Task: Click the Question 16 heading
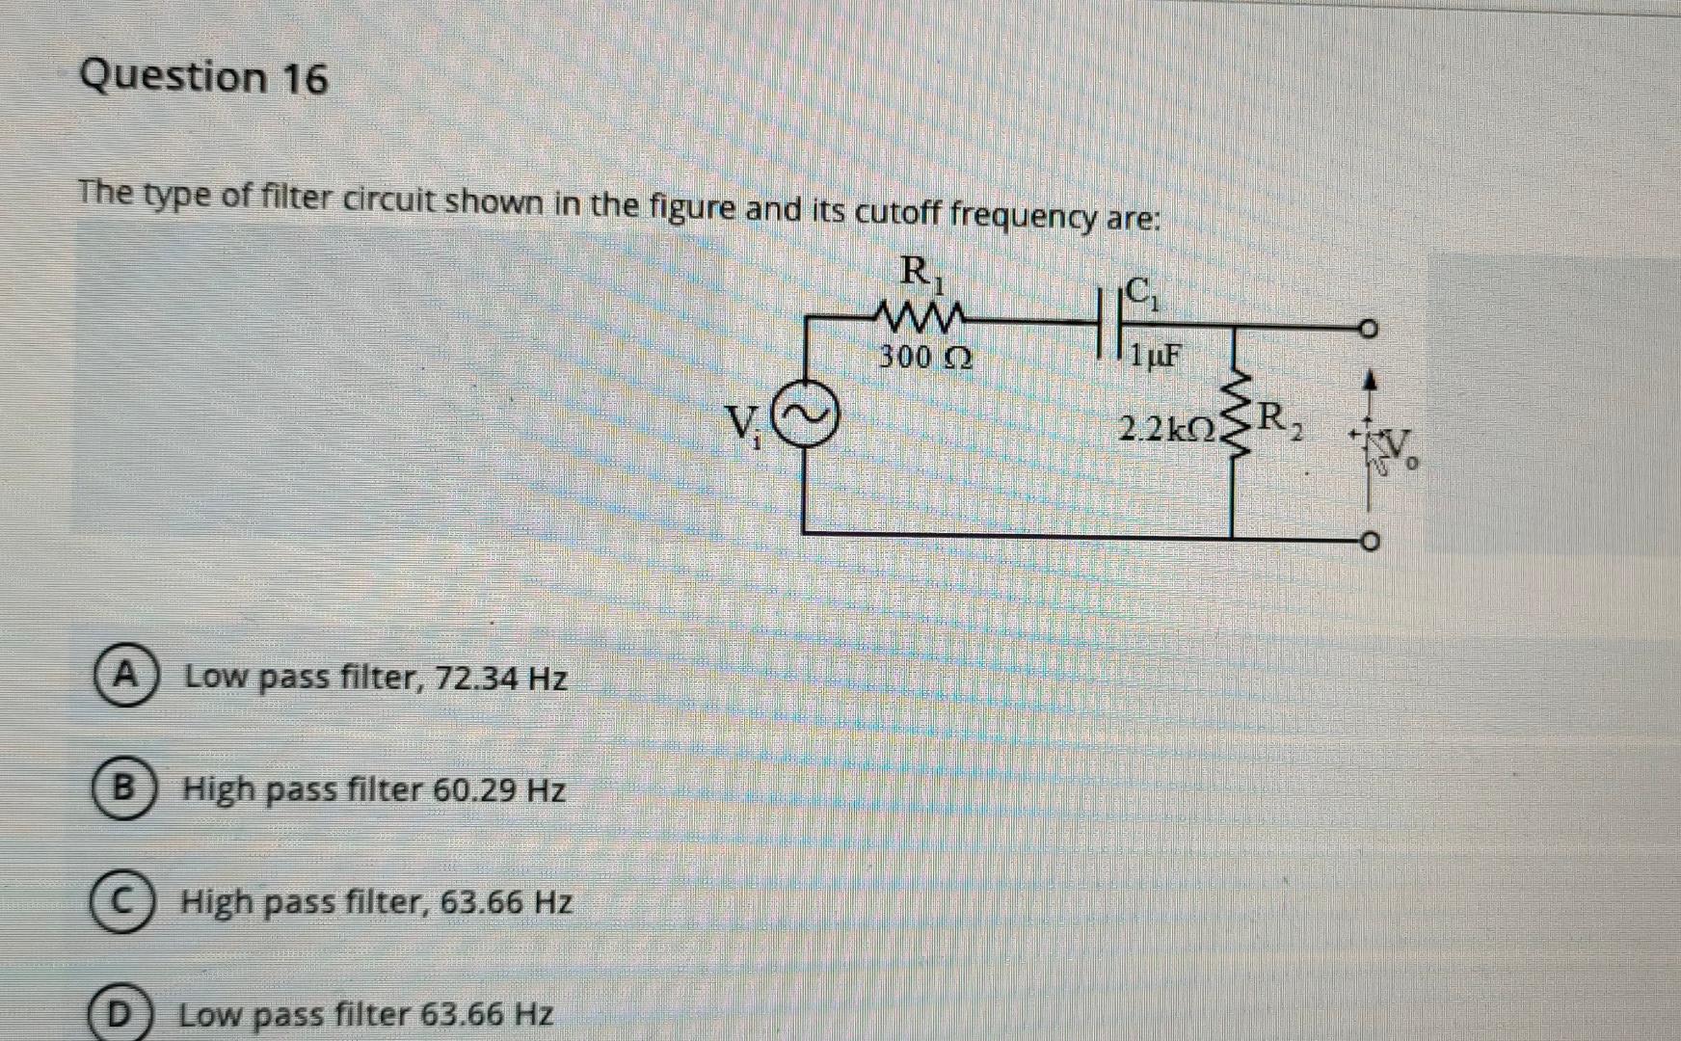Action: (x=203, y=77)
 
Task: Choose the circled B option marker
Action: (x=121, y=789)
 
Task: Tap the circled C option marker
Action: (x=120, y=903)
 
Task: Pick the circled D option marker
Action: (x=118, y=1015)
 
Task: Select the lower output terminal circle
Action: (x=1370, y=540)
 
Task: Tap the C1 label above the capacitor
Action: (x=1141, y=291)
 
